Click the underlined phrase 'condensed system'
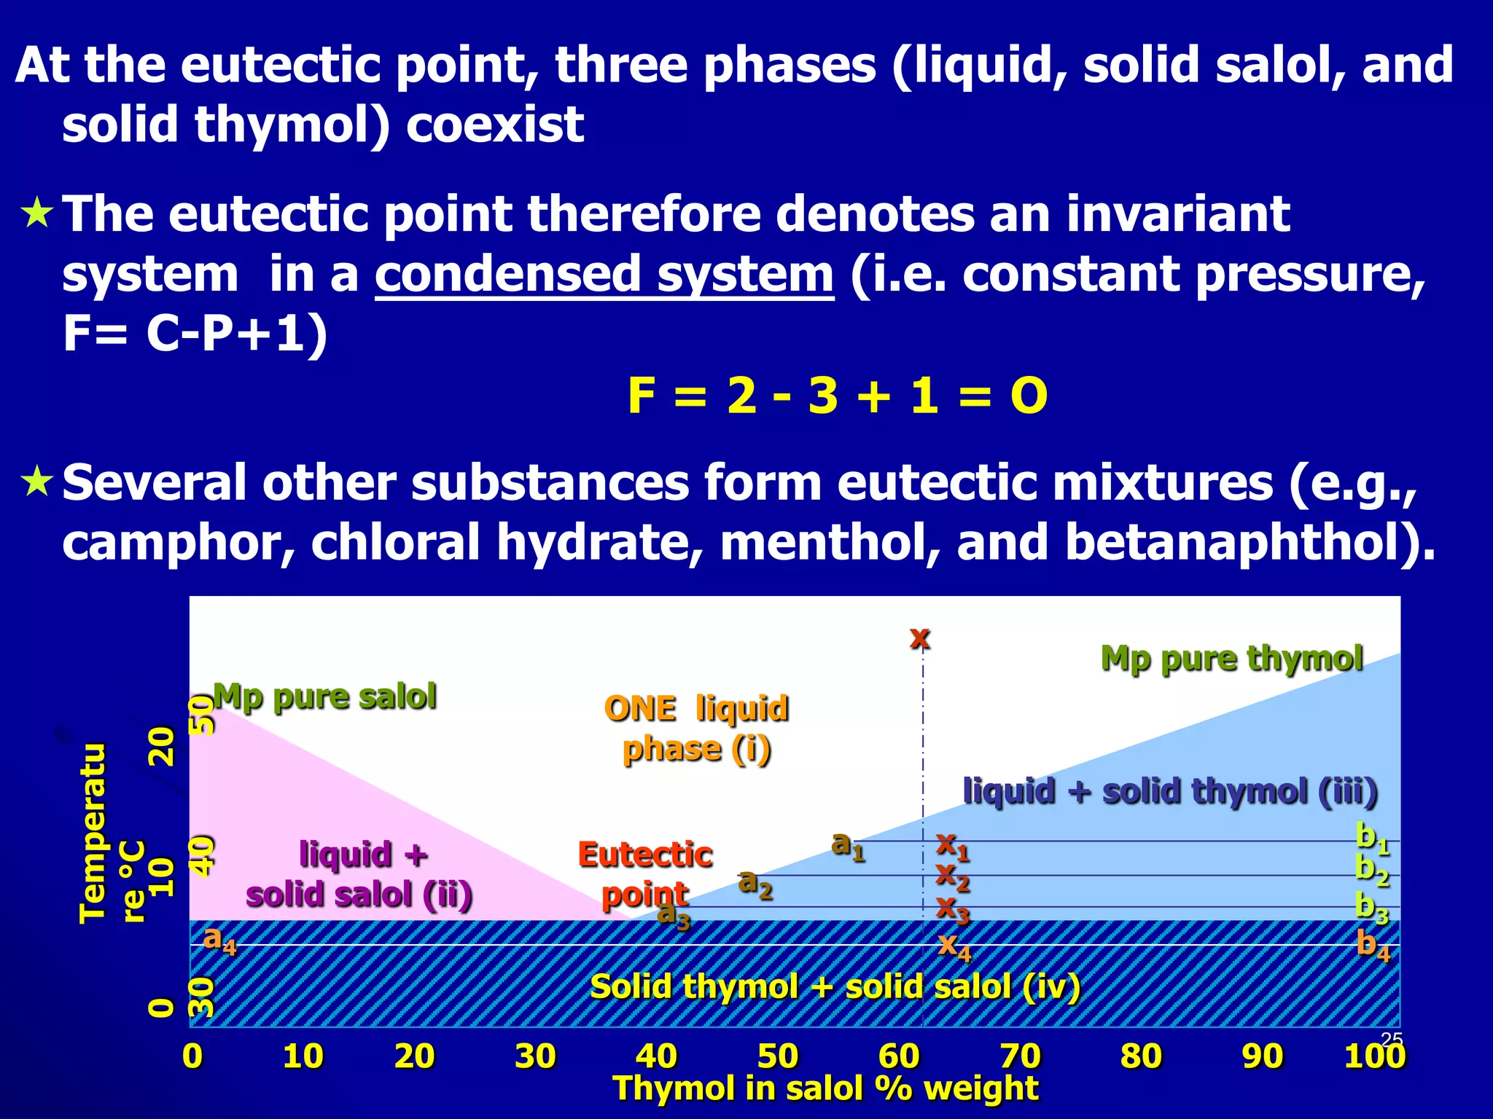(x=604, y=275)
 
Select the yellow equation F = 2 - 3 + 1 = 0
(x=837, y=396)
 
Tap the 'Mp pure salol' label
(x=325, y=696)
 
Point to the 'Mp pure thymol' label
(x=1231, y=659)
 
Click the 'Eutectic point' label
(x=645, y=874)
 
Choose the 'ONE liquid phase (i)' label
(x=696, y=729)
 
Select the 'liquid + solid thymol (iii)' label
(x=1170, y=791)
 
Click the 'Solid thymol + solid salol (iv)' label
(x=835, y=987)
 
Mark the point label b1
(x=1372, y=838)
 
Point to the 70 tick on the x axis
(x=1020, y=1056)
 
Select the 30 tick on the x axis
(x=535, y=1056)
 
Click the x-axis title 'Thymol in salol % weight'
(x=825, y=1088)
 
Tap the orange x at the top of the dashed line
(x=920, y=637)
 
